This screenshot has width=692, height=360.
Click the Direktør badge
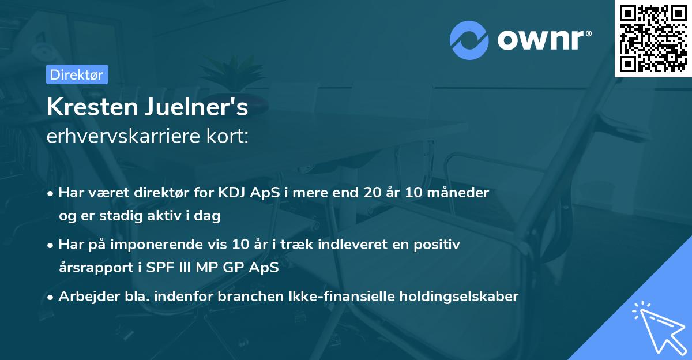77,74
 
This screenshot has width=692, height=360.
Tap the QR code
653,38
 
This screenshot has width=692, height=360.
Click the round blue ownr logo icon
469,40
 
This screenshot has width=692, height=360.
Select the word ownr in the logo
544,40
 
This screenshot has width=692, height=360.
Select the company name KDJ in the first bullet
234,193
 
